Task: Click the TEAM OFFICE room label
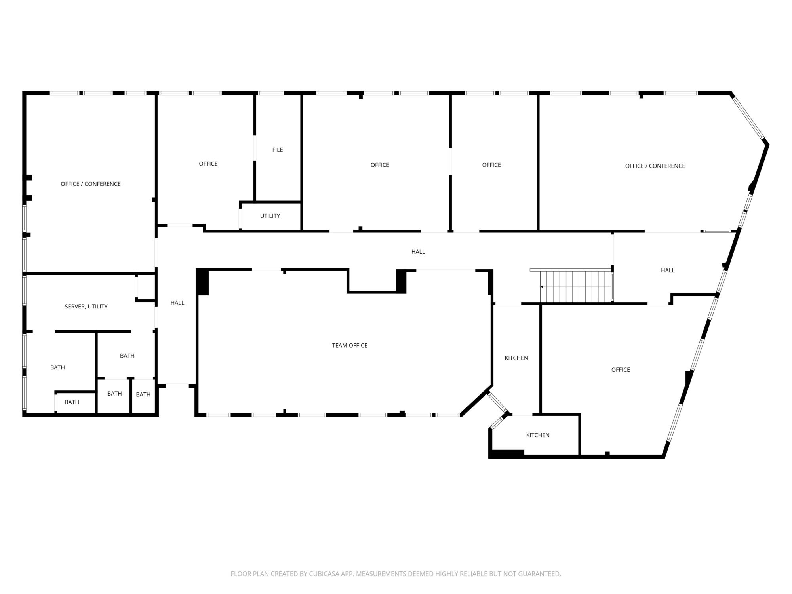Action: point(350,346)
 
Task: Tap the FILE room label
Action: point(278,150)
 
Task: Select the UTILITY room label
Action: point(270,216)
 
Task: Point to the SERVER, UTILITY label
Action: point(86,307)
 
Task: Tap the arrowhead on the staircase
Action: point(542,287)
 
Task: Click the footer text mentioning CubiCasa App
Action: point(396,574)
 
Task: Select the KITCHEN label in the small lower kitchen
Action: point(538,435)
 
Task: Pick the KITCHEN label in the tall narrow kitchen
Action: point(516,358)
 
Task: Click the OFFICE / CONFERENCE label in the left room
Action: point(91,184)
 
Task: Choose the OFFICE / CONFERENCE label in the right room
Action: point(655,166)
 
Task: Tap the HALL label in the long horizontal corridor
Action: point(418,252)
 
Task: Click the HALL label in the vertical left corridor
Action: point(177,303)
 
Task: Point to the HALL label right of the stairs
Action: point(668,270)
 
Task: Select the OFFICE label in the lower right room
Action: point(621,370)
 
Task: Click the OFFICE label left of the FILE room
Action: point(208,164)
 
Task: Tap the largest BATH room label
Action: point(57,367)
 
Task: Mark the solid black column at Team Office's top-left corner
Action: point(202,282)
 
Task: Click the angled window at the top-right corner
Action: point(747,118)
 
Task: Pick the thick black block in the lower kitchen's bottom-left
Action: point(507,454)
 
